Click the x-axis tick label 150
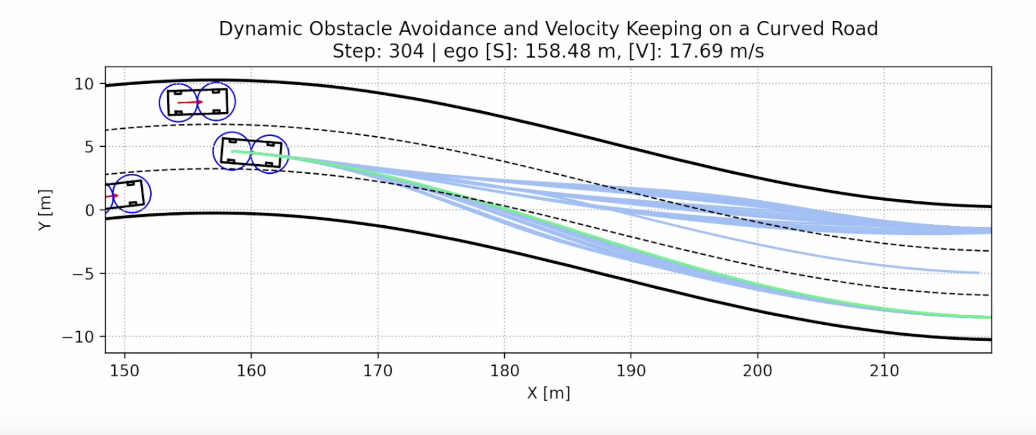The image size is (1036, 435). pyautogui.click(x=125, y=370)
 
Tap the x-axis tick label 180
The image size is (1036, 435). pyautogui.click(x=504, y=370)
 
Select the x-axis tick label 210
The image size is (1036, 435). pyautogui.click(x=884, y=370)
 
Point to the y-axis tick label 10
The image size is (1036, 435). pyautogui.click(x=84, y=84)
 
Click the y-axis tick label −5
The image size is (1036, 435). pyautogui.click(x=83, y=274)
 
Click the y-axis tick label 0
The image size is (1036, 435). pyautogui.click(x=89, y=210)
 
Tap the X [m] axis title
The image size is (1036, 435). pyautogui.click(x=548, y=393)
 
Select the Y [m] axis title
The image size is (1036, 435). pyautogui.click(x=45, y=210)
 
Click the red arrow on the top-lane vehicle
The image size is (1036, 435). pyautogui.click(x=190, y=102)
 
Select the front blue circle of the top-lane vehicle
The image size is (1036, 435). pyautogui.click(x=216, y=102)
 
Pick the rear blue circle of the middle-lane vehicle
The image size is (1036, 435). pyautogui.click(x=232, y=151)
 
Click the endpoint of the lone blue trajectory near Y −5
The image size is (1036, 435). pyautogui.click(x=978, y=273)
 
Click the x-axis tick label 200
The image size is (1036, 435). pyautogui.click(x=757, y=370)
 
